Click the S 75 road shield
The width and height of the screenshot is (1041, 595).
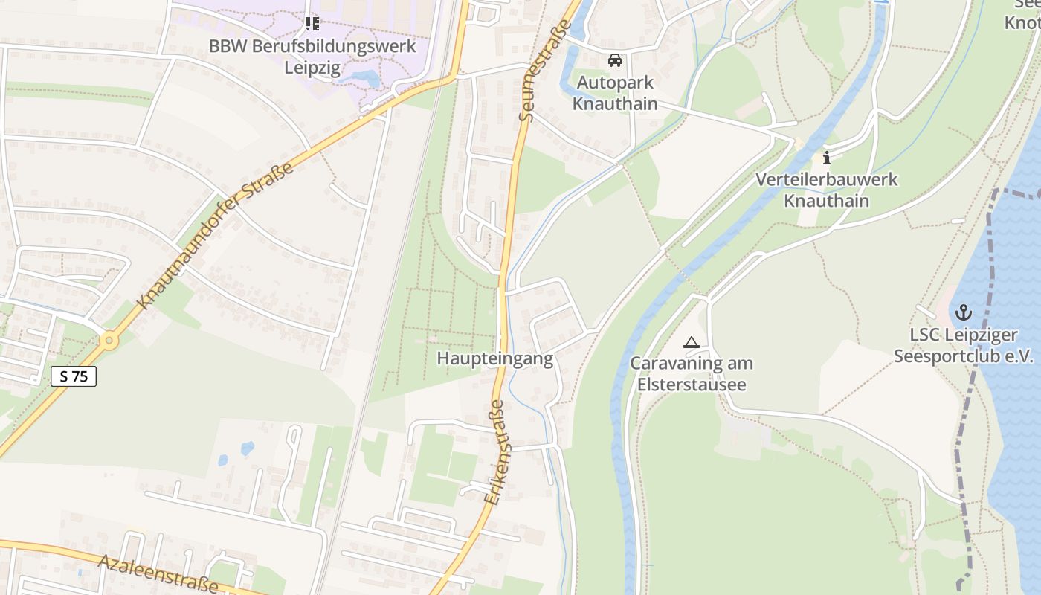click(74, 376)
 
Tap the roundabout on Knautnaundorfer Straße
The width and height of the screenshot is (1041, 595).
click(109, 341)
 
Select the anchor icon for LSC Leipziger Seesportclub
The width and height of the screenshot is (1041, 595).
click(964, 312)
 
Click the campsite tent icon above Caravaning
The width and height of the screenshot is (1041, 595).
click(692, 343)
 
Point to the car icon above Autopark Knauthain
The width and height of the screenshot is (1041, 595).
click(615, 60)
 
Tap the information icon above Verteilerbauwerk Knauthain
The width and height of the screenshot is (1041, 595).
click(827, 158)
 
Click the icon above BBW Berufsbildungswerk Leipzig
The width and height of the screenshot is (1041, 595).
click(312, 24)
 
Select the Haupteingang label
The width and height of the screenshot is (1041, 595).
click(494, 358)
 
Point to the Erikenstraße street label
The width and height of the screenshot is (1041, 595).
click(495, 453)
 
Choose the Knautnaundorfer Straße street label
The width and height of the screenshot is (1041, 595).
click(216, 236)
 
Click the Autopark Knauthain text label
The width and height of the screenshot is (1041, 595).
click(615, 93)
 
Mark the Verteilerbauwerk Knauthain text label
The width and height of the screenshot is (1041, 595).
click(827, 190)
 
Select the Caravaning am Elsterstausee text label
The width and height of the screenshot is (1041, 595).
click(692, 374)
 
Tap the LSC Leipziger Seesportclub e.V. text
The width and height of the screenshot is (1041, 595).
click(964, 346)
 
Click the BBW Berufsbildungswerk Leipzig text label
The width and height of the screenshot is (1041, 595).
click(312, 57)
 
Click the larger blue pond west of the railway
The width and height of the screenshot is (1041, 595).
click(247, 448)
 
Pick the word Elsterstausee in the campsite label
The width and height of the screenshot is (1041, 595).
click(692, 385)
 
